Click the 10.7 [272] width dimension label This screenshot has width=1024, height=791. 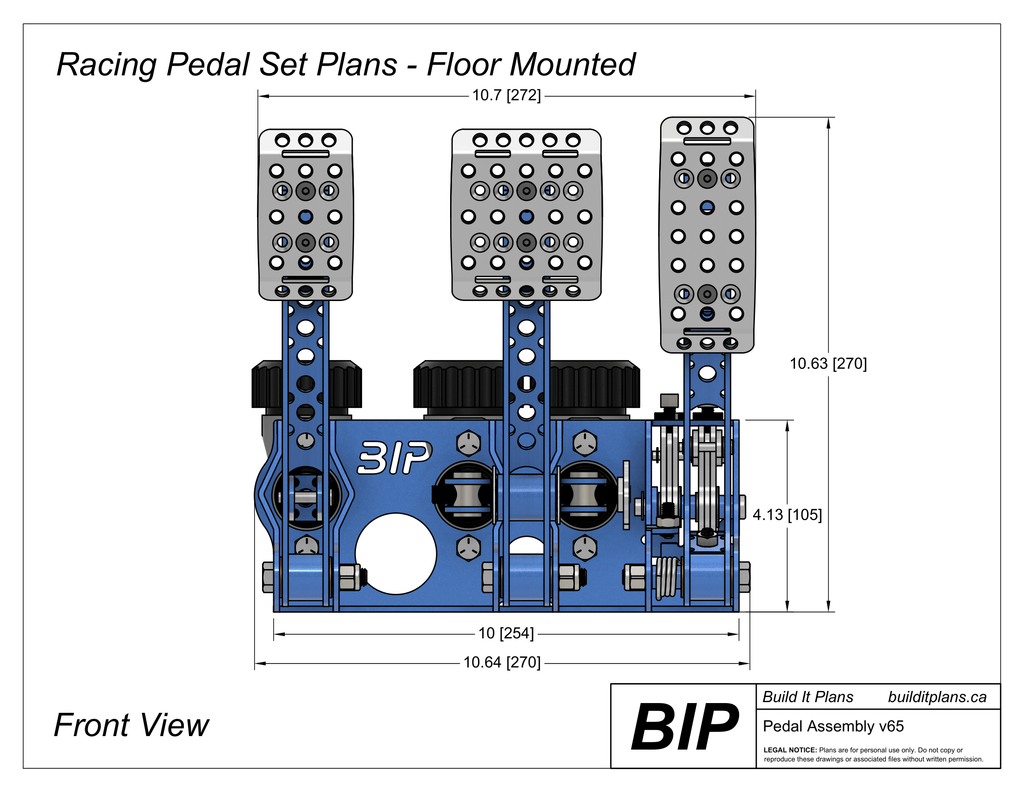pos(506,95)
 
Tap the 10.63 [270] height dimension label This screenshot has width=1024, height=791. pos(828,364)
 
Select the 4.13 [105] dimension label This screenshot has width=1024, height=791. pos(787,515)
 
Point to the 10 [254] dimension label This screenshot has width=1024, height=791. pos(506,633)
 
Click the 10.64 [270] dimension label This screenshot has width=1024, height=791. pos(502,662)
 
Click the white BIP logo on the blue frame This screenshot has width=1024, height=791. pos(394,457)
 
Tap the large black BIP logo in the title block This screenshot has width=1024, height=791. pos(684,726)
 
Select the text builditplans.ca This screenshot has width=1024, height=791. pos(937,697)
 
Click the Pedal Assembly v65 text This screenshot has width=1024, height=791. pos(833,726)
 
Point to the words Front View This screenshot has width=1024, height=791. pos(131,725)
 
